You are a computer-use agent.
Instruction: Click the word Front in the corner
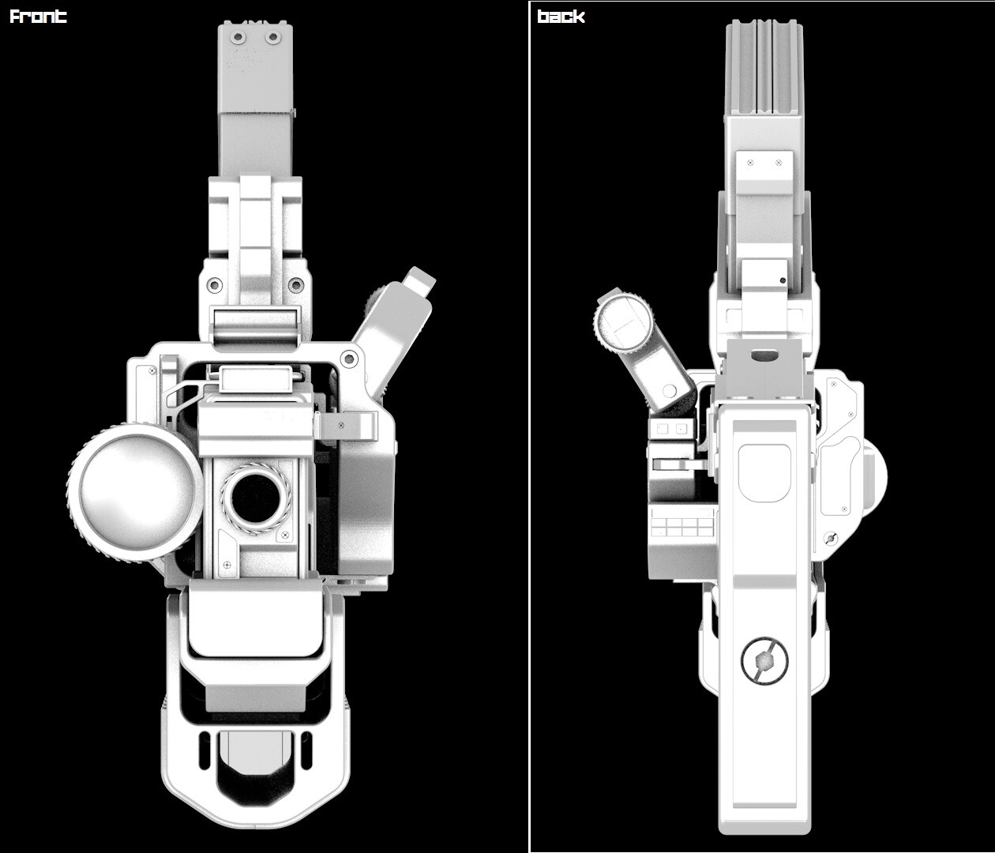coord(38,17)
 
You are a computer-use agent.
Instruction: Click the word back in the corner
coord(561,17)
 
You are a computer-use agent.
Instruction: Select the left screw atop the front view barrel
coord(235,37)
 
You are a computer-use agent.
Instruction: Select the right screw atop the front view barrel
coord(272,37)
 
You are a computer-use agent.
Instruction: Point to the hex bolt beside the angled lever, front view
coord(350,360)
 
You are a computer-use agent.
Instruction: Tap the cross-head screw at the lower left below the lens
coord(227,565)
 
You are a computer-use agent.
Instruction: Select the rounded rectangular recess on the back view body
coord(764,472)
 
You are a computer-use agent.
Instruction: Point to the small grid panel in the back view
coord(683,525)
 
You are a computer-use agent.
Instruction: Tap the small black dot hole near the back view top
coord(782,280)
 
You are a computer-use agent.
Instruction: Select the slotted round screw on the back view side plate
coord(830,539)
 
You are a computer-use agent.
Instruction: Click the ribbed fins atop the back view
coord(764,67)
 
